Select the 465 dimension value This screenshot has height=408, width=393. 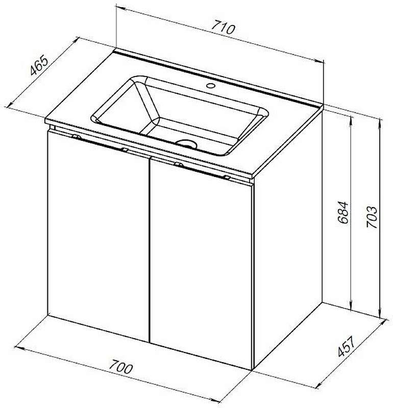(39, 65)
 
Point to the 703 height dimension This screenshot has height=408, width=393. (372, 217)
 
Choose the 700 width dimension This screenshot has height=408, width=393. (120, 367)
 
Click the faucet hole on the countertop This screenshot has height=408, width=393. (210, 85)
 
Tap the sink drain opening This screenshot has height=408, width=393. (186, 143)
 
